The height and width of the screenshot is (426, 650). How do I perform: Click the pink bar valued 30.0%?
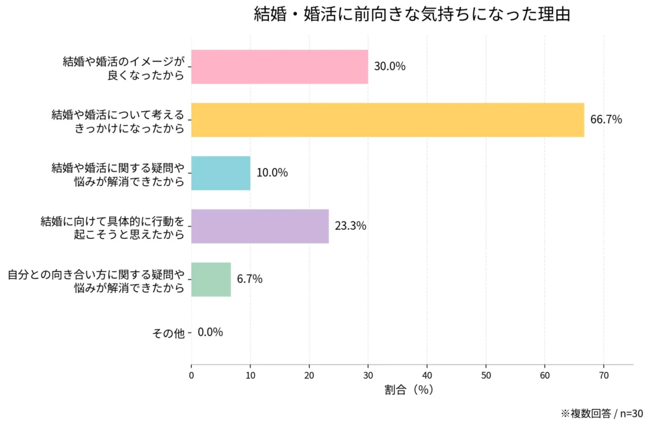pos(279,67)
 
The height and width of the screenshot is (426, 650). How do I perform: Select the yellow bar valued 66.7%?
pos(387,120)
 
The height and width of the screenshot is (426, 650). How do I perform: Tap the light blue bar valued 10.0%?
pos(221,173)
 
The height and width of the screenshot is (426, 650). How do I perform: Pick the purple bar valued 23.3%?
pos(260,226)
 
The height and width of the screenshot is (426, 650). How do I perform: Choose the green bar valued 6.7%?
pos(211,279)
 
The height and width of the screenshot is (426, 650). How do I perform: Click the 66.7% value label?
pos(606,119)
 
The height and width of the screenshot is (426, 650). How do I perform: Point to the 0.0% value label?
pos(210,332)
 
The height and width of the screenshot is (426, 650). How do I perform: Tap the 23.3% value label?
pos(350,226)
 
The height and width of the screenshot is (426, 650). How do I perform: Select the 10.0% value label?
pos(272,173)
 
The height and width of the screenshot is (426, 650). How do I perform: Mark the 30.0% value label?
pos(390,66)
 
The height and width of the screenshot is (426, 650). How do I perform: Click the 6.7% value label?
pos(250,279)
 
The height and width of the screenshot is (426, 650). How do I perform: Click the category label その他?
pos(168,333)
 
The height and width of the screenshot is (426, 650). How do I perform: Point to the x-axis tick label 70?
pos(604,375)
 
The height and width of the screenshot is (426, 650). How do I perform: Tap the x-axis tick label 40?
pos(427,375)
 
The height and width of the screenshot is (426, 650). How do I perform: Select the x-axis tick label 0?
pos(192,375)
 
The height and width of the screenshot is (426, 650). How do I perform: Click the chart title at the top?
pos(411,15)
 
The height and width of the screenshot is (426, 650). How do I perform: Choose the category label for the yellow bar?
pos(118,121)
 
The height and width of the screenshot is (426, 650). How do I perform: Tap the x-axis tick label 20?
pos(309,375)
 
